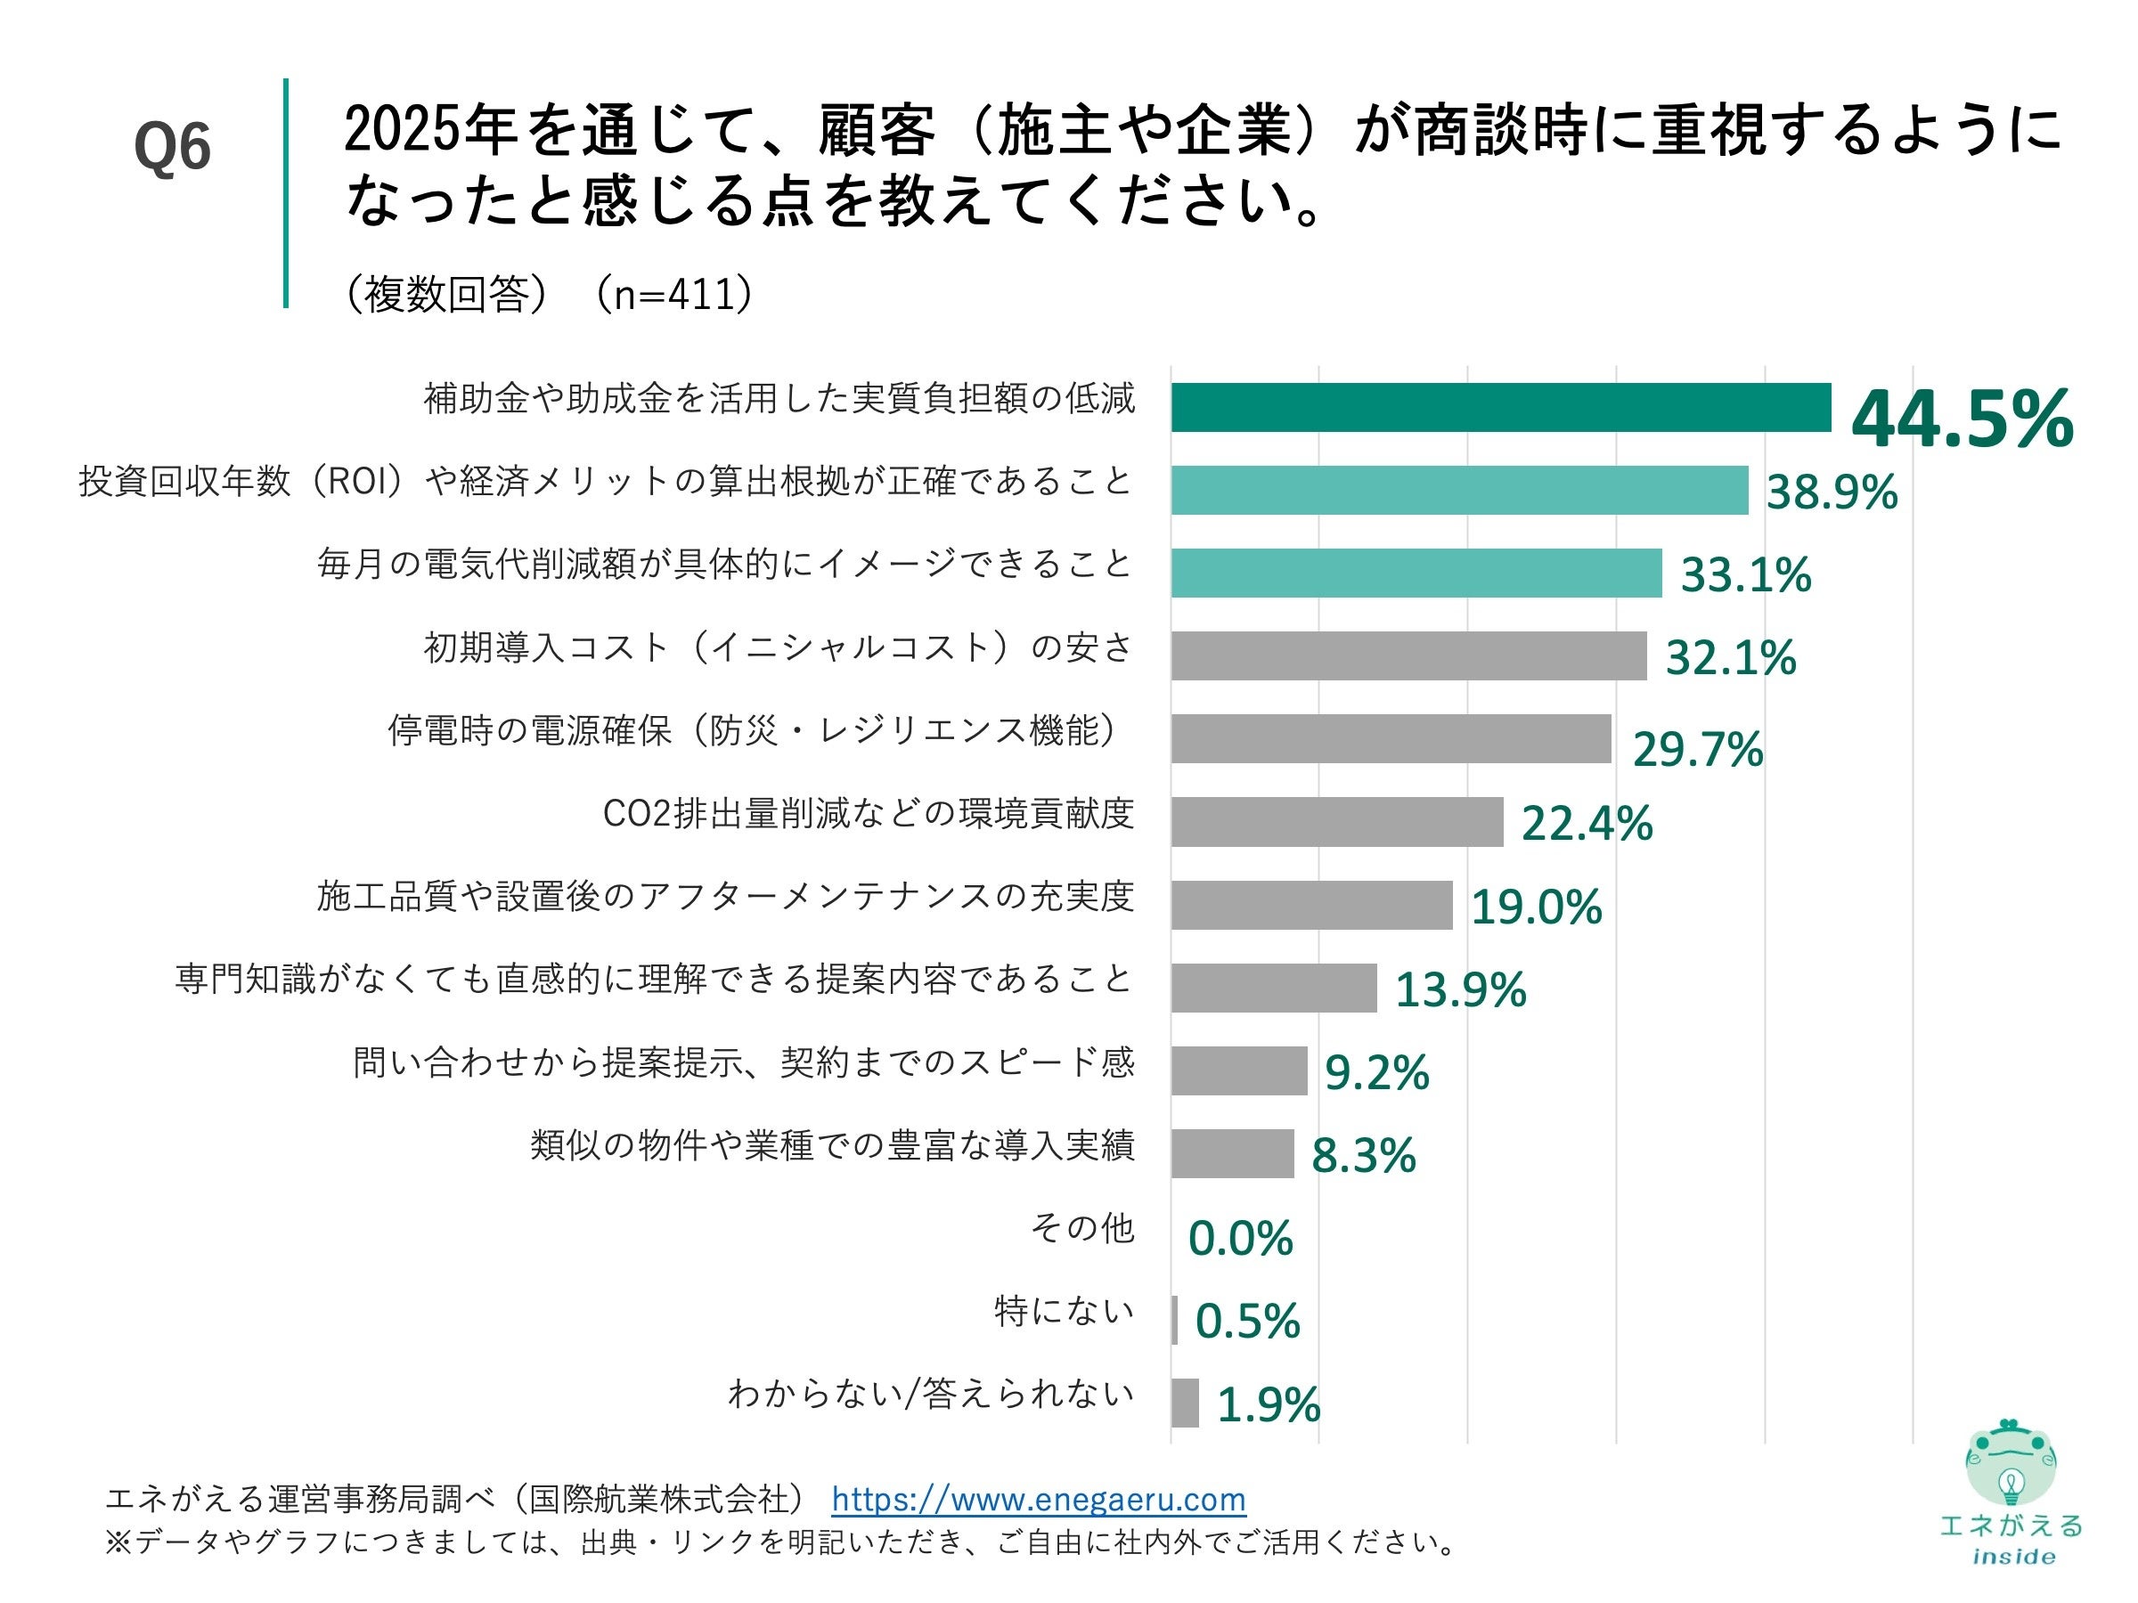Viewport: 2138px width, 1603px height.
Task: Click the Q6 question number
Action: pos(172,149)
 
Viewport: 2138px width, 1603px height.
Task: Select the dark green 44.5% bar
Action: pos(1500,407)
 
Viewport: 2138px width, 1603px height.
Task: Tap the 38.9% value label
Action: pos(1832,492)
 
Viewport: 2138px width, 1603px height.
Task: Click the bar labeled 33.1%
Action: pos(1416,573)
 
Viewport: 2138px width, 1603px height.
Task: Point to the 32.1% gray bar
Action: pos(1408,656)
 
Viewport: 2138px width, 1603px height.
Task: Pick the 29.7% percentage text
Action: pos(1697,750)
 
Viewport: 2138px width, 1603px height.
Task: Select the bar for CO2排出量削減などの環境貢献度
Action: pos(1337,822)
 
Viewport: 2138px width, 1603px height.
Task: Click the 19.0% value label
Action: pos(1536,907)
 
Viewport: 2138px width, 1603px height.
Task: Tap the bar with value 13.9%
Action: pos(1274,989)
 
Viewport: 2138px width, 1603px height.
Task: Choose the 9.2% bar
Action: pos(1239,1070)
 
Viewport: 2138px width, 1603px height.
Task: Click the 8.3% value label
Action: pos(1363,1156)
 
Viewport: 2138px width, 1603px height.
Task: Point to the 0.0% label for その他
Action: pos(1240,1239)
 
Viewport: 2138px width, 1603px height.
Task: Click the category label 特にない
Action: pos(1065,1311)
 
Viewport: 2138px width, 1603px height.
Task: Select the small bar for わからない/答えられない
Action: pos(1185,1403)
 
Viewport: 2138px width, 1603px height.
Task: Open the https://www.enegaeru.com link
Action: pos(1038,1500)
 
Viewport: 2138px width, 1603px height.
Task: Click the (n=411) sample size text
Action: pos(673,295)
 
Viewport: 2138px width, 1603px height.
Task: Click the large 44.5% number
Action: pos(1963,419)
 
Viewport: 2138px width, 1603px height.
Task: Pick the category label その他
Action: pos(1081,1228)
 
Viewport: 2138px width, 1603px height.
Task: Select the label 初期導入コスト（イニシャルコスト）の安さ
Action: pos(778,647)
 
